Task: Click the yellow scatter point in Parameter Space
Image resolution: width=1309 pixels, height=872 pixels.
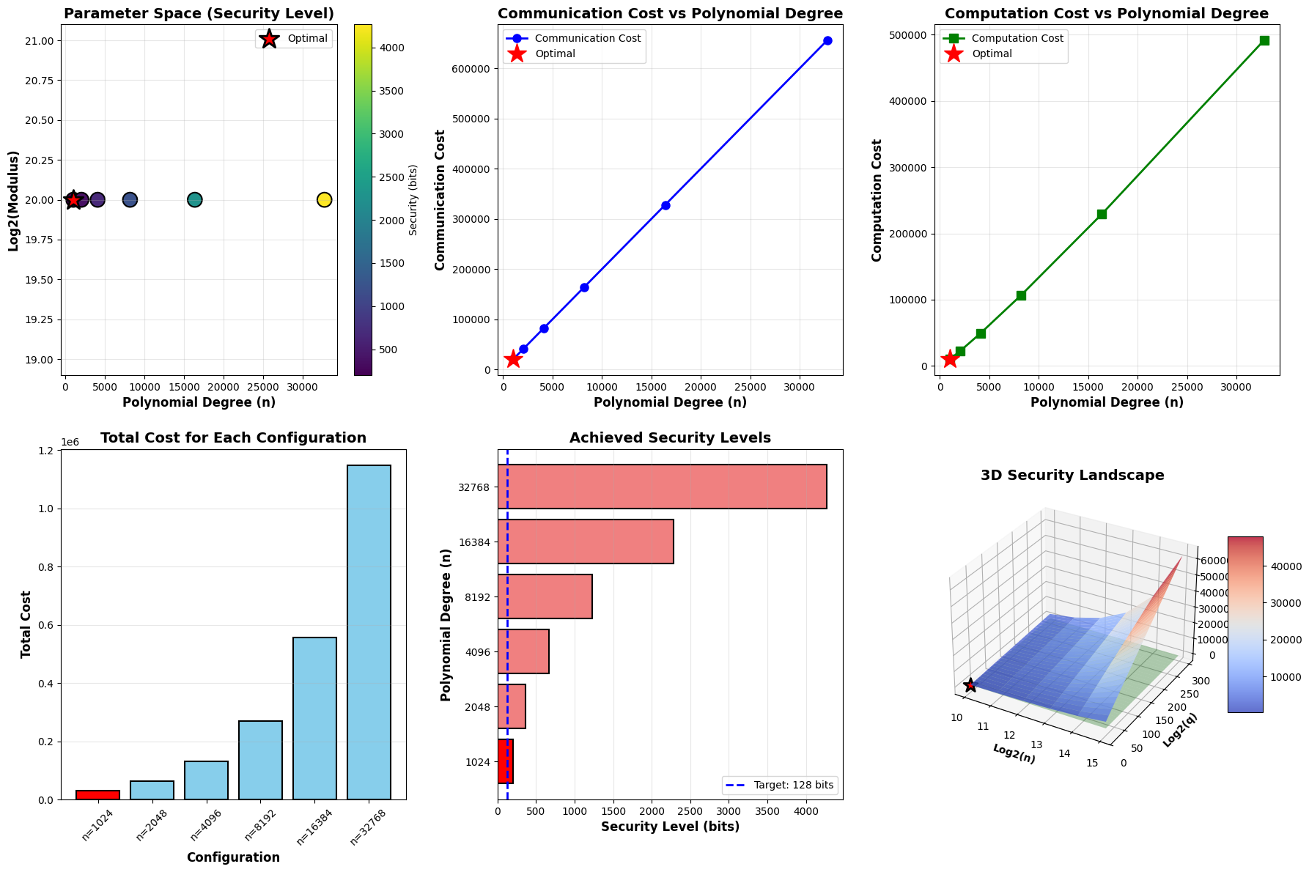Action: [x=325, y=199]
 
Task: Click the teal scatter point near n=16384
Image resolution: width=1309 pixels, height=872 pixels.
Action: [x=194, y=199]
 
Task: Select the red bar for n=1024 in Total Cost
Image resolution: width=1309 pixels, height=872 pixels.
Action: [x=97, y=794]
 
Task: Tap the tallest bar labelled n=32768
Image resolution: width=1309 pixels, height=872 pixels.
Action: [x=369, y=632]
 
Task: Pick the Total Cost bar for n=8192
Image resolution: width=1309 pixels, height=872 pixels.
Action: [x=260, y=760]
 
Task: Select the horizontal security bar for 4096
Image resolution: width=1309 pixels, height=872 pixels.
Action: [x=523, y=651]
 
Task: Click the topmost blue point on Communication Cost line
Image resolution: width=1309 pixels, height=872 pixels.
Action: [x=827, y=40]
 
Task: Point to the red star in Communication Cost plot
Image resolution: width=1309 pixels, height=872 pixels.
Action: [x=513, y=359]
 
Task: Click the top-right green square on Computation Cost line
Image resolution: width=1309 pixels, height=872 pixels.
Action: [x=1264, y=40]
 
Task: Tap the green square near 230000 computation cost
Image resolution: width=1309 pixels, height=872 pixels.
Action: [x=1102, y=214]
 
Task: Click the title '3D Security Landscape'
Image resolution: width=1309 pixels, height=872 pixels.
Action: [x=1072, y=476]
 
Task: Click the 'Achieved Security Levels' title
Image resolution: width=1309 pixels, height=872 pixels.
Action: [x=670, y=438]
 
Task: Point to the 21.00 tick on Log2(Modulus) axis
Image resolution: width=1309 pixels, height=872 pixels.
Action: [x=41, y=40]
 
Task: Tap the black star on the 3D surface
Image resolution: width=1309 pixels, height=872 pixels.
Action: [x=970, y=685]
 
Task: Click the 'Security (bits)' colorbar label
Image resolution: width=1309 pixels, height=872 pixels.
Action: [x=413, y=199]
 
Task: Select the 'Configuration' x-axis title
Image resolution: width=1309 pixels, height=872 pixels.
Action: [x=233, y=857]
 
